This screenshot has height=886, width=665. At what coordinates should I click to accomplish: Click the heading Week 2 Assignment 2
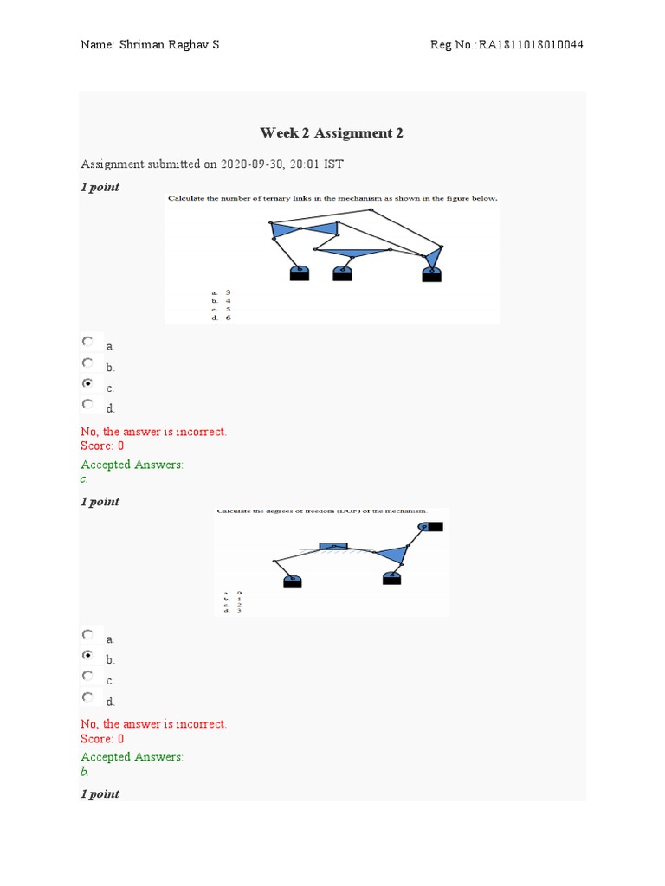pos(332,132)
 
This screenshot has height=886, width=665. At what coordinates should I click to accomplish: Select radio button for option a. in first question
pos(87,343)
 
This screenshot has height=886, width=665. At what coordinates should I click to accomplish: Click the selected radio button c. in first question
pos(87,383)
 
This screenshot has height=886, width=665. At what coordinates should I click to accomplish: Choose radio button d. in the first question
pos(87,404)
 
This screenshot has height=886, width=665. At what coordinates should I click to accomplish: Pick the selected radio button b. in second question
pos(87,656)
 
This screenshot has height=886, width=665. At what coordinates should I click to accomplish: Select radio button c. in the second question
pos(87,676)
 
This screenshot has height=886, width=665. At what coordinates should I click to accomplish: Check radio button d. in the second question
pos(87,697)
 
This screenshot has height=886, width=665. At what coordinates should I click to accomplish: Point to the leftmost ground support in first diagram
pos(300,273)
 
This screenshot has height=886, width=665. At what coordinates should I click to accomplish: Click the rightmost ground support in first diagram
pos(432,274)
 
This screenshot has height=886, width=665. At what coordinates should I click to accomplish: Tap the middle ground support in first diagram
pos(345,273)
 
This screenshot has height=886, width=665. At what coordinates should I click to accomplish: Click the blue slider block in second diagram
pos(333,546)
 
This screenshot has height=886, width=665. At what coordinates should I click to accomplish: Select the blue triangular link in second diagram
pos(394,555)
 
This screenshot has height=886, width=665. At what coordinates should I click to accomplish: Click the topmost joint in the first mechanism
pos(371,209)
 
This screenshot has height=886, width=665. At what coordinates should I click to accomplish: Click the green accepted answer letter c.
pos(84,478)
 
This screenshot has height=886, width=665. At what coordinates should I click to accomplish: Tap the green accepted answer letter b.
pos(85,771)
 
